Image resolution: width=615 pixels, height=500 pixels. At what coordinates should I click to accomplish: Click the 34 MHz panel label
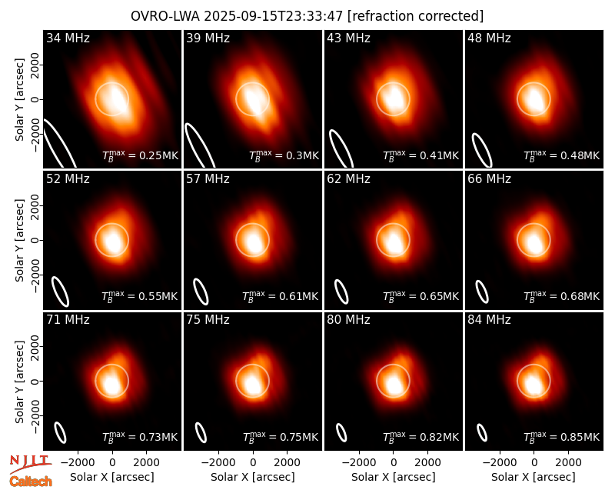68,38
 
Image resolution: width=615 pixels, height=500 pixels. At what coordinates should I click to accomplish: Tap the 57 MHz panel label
208,179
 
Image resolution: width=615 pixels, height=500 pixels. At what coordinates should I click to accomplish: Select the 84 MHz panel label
489,320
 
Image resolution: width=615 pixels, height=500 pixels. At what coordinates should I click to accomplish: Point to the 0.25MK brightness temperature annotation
140,155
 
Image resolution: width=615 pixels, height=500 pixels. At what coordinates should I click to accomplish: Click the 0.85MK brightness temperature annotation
562,437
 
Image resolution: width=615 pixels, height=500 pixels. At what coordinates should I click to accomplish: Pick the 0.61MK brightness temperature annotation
280,296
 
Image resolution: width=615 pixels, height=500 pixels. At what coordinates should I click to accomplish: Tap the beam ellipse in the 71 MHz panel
60,433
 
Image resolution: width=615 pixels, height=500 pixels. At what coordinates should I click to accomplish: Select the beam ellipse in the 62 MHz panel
341,292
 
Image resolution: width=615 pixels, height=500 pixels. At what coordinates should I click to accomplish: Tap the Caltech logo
31,482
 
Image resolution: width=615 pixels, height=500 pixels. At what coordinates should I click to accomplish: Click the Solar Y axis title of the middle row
19,240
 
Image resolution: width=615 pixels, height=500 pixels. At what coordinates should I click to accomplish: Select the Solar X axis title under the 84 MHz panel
534,477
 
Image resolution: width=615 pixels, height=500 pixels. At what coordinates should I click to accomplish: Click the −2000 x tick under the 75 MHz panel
218,463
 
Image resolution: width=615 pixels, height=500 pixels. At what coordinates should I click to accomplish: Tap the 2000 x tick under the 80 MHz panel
428,463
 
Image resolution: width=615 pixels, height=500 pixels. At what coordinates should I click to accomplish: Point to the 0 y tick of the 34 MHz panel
35,99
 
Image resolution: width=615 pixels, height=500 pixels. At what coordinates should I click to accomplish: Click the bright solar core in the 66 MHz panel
534,242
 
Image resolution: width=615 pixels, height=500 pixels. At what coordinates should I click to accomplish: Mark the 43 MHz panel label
349,38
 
